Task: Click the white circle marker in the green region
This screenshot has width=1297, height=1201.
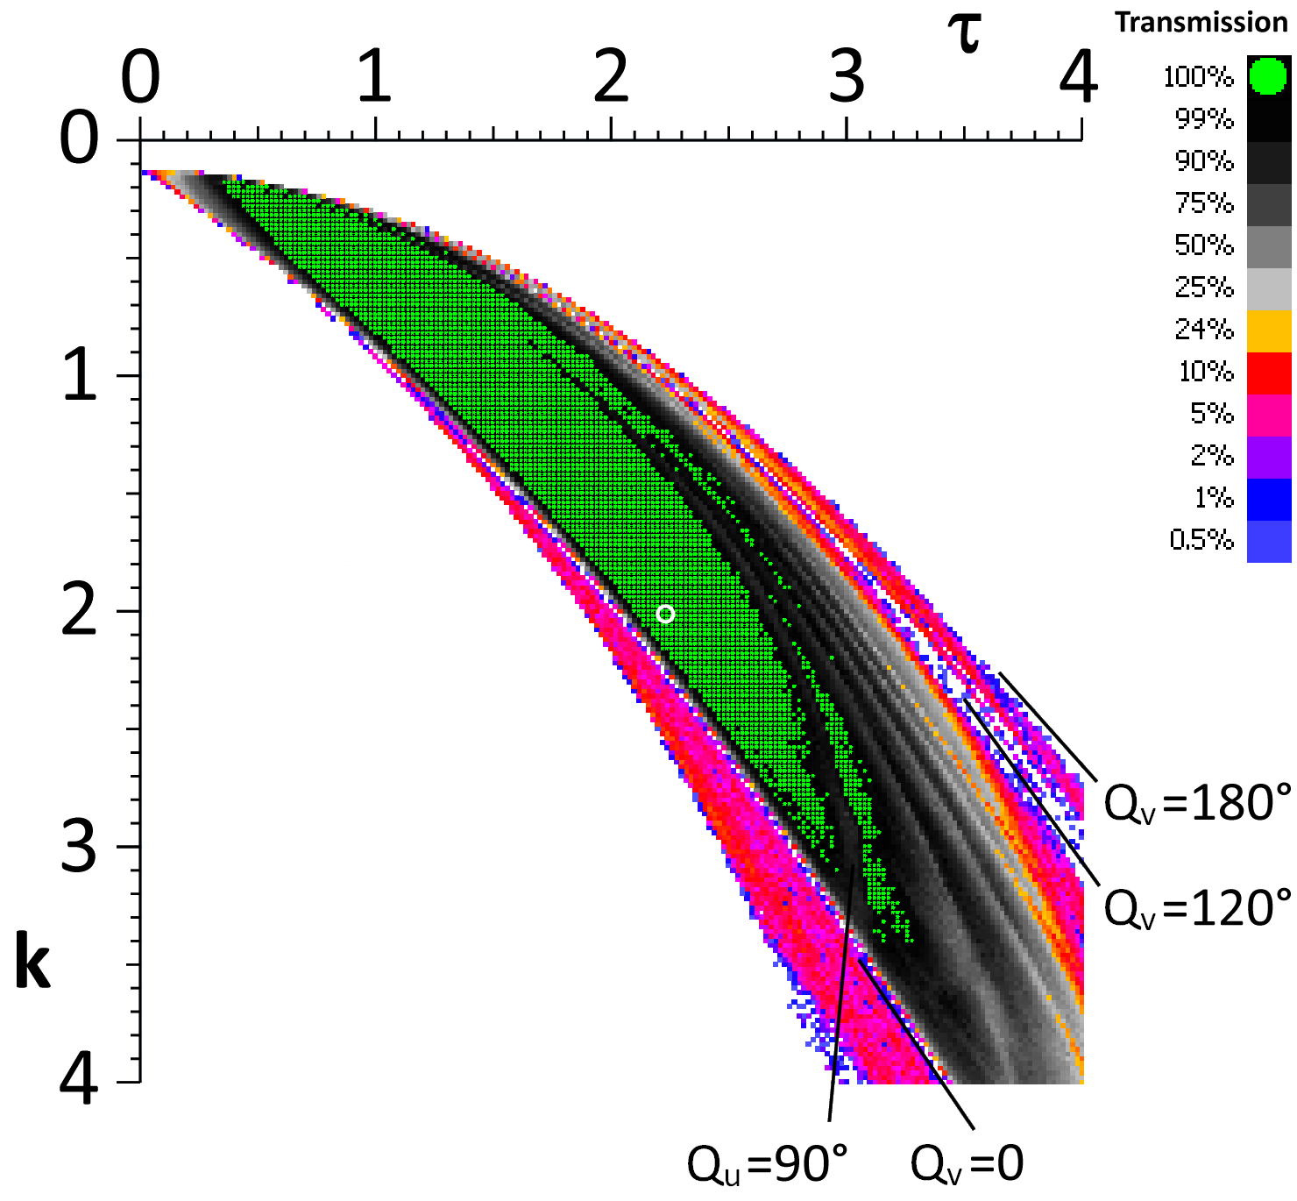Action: (x=665, y=614)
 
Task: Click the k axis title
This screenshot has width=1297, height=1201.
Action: (x=32, y=964)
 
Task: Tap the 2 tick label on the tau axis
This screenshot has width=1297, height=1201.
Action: (x=611, y=77)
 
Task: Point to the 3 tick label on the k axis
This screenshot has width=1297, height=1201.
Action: (x=79, y=847)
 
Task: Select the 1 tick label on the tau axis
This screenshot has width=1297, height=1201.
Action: (x=374, y=77)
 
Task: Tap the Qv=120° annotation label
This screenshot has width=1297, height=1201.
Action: (x=1197, y=907)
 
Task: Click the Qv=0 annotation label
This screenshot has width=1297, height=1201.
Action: (x=967, y=1164)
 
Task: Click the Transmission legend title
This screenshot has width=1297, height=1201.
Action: (x=1201, y=23)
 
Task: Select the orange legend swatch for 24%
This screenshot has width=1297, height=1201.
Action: (x=1269, y=330)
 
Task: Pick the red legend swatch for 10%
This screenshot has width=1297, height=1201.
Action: (x=1269, y=373)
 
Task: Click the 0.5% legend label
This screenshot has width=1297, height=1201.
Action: (x=1201, y=539)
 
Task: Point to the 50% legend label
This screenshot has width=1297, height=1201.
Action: (x=1203, y=245)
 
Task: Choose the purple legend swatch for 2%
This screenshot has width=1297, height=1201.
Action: (x=1269, y=457)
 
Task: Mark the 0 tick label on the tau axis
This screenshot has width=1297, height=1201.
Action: (x=140, y=77)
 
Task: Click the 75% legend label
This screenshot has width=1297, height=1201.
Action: (x=1203, y=203)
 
